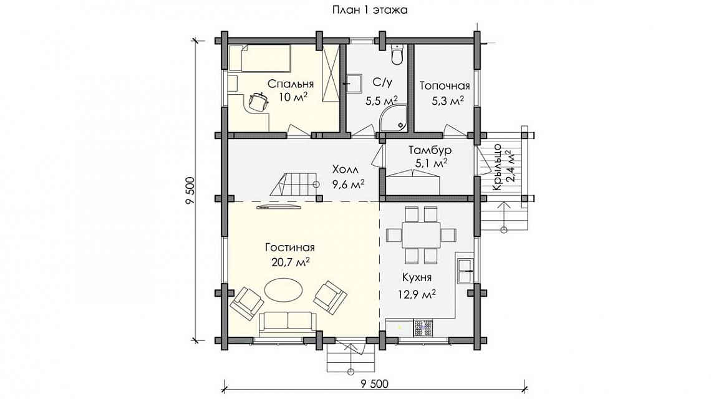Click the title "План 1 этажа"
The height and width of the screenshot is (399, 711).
point(370,10)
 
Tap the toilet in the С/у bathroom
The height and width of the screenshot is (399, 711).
point(398,54)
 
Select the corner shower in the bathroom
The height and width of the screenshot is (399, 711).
point(394,118)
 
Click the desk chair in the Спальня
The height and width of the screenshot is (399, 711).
point(258,101)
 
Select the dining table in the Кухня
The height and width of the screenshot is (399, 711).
point(421,235)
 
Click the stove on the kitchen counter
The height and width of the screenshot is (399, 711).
point(423,329)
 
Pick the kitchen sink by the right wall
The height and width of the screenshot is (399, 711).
point(466,270)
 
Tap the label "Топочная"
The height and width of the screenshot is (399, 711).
point(444,85)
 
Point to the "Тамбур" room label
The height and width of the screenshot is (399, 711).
point(430,150)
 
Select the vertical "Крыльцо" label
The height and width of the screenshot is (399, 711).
point(497,168)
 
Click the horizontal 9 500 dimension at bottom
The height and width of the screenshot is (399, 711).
point(375,383)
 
